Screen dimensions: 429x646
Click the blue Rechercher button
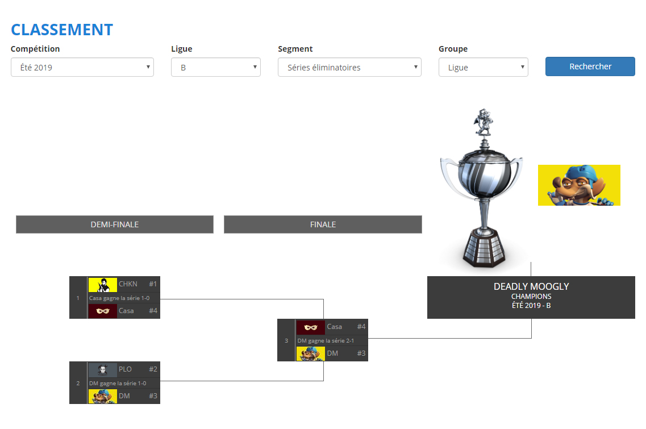tap(590, 66)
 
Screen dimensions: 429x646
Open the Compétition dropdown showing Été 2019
tap(82, 67)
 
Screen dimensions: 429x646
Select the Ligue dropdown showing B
tap(215, 67)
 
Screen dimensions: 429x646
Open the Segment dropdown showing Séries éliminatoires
tap(349, 67)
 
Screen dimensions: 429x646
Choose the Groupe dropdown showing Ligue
tap(483, 67)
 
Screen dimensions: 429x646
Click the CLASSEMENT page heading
tap(62, 30)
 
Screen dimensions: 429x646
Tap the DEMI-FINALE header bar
tap(114, 224)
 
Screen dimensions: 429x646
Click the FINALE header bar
tap(323, 224)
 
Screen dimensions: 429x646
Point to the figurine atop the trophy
tap(484, 122)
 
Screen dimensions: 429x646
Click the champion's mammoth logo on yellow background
tap(579, 185)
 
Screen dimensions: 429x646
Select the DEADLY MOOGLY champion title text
tap(531, 286)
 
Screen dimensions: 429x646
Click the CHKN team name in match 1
tap(128, 284)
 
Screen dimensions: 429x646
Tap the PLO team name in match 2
tap(125, 369)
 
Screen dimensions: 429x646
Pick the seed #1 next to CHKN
tap(153, 284)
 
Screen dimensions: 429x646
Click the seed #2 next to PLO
tap(153, 369)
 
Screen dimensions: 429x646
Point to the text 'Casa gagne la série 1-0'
tap(123, 298)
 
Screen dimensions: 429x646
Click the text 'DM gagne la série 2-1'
tap(325, 340)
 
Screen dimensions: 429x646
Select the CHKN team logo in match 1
tap(103, 284)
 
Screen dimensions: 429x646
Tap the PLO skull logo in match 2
tap(103, 369)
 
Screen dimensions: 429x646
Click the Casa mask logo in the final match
tap(311, 327)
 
